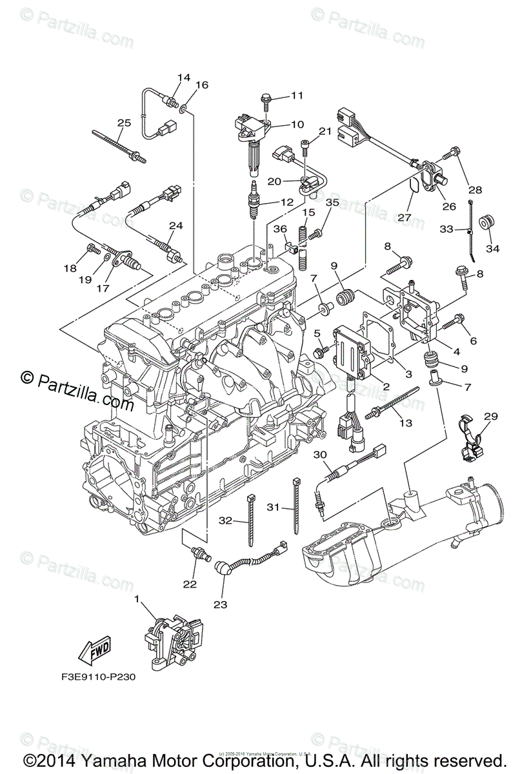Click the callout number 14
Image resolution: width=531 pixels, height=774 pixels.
click(x=184, y=78)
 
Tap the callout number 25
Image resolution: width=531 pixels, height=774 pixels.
click(x=124, y=123)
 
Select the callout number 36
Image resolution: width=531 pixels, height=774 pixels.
click(x=280, y=229)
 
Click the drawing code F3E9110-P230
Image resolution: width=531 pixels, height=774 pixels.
click(x=94, y=678)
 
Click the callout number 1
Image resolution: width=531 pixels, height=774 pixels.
click(x=137, y=599)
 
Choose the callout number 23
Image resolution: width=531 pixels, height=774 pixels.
click(x=221, y=605)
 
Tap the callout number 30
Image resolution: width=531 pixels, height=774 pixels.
click(x=321, y=455)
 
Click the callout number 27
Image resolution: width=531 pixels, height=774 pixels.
click(x=405, y=217)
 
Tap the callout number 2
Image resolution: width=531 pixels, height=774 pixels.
click(x=386, y=386)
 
